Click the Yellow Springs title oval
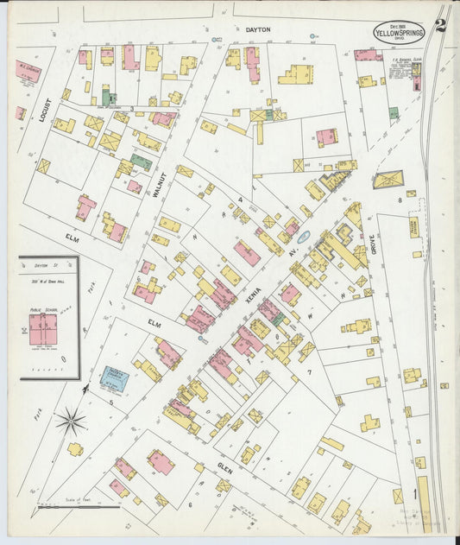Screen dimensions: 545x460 click(x=398, y=32)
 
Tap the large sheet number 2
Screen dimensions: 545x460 click(x=441, y=25)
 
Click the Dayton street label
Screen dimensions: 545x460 click(x=258, y=29)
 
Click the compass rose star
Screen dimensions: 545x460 click(x=71, y=421)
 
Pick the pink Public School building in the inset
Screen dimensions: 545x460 click(x=43, y=329)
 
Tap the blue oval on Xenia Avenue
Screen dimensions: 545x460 click(x=303, y=234)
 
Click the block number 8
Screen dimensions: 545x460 click(x=400, y=200)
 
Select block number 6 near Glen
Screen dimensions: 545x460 click(x=189, y=504)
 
